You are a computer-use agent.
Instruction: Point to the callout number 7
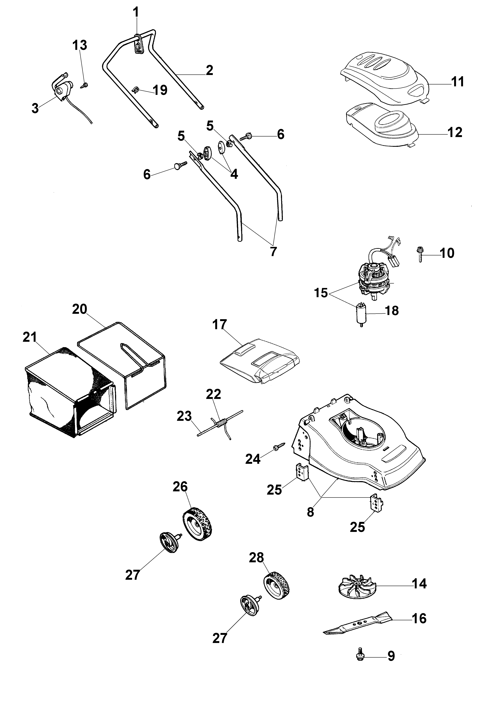pyautogui.click(x=273, y=251)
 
